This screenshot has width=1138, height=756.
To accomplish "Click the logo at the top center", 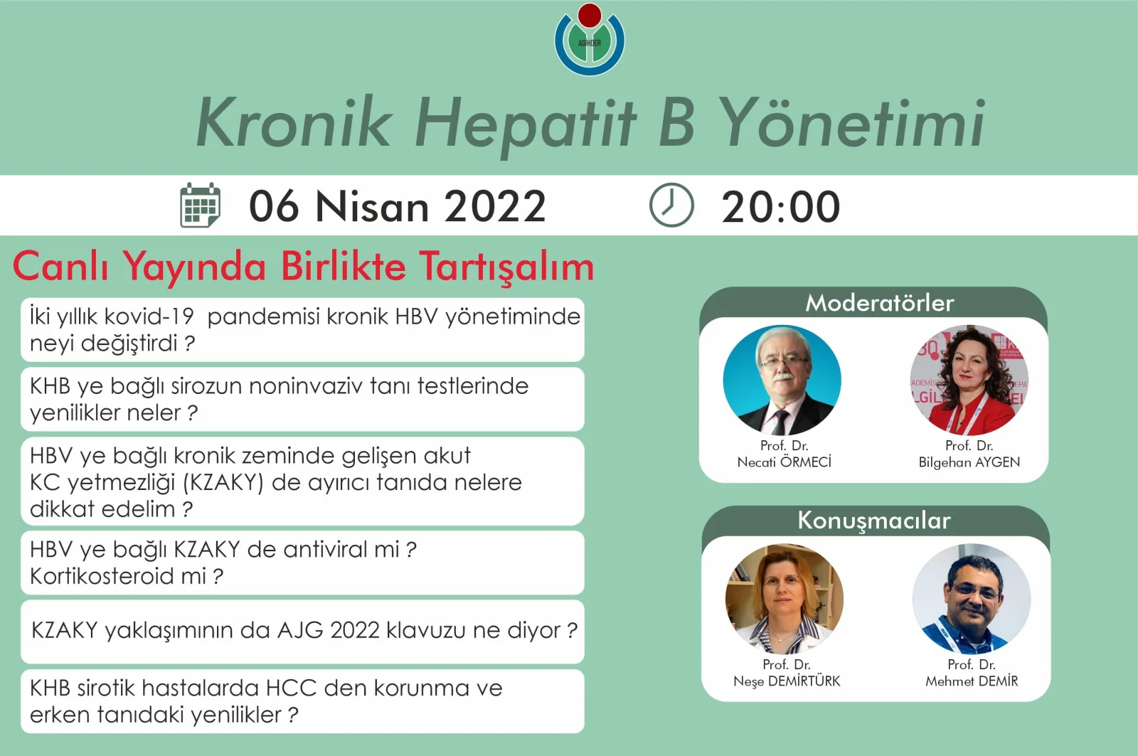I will (590, 40).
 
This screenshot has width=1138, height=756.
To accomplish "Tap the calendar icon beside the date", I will (200, 206).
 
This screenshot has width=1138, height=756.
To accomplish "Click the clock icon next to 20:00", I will (671, 206).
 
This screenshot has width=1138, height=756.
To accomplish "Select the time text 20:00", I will (780, 207).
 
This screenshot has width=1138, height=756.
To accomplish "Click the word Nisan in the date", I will (372, 207).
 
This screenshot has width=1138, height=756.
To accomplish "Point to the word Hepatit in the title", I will (526, 122).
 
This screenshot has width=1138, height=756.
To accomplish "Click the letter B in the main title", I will (676, 122).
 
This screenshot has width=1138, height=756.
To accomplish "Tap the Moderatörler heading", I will (879, 304).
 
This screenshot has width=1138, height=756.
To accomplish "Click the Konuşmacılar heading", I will (873, 521).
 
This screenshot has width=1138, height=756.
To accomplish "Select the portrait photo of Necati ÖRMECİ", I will (782, 380).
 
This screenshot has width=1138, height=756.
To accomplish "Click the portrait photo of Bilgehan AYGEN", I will (969, 380).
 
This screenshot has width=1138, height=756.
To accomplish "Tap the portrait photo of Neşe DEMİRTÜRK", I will (785, 599).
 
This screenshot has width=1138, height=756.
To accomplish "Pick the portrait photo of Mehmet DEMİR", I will (972, 599).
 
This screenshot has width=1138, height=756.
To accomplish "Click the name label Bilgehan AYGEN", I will (969, 462).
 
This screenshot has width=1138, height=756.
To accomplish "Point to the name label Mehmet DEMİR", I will (972, 681).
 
